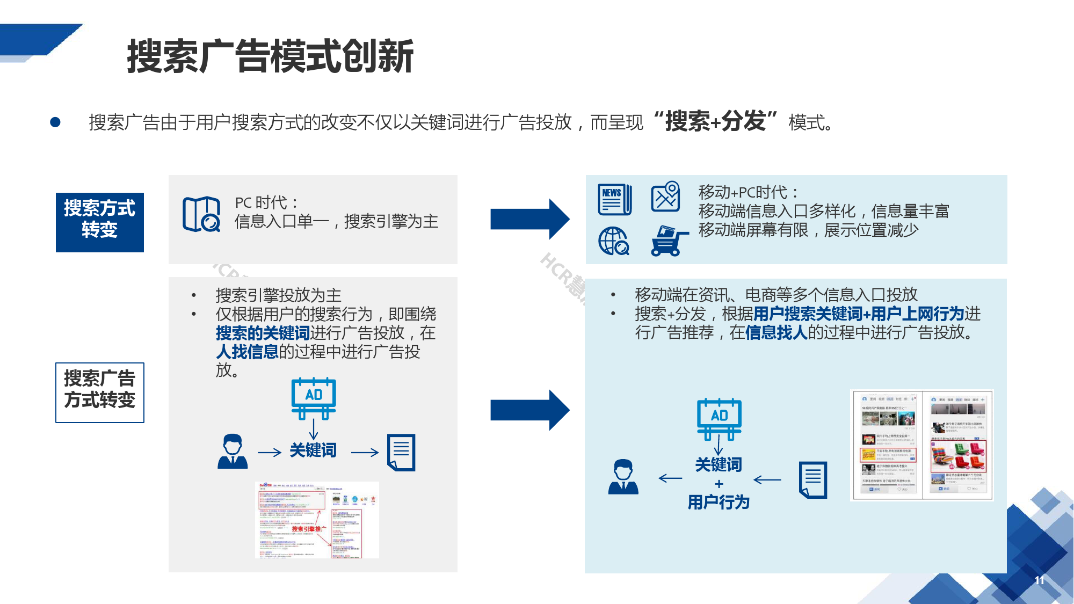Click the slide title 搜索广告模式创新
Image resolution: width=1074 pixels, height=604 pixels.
[270, 56]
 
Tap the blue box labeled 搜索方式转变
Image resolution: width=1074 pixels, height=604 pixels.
[100, 222]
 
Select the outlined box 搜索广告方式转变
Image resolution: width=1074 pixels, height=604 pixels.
[100, 392]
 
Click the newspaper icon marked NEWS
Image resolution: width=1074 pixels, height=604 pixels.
[615, 199]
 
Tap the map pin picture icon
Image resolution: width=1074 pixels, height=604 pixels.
[666, 197]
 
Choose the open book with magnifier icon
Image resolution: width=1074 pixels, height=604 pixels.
[201, 214]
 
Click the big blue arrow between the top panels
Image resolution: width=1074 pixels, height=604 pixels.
[529, 219]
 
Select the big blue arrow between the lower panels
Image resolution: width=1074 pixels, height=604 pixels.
[529, 410]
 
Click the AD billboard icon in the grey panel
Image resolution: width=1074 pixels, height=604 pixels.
[314, 398]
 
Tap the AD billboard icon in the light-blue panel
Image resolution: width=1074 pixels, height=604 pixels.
[719, 418]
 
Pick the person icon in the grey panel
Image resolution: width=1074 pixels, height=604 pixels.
[233, 452]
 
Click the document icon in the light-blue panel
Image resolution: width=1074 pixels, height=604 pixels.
[813, 479]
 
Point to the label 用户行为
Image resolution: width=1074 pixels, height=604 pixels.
[719, 503]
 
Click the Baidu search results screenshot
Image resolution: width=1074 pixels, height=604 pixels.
[317, 520]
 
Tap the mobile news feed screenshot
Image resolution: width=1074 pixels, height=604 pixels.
[922, 445]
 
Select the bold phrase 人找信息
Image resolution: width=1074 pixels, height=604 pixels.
[247, 352]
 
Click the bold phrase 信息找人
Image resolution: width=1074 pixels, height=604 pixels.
[776, 333]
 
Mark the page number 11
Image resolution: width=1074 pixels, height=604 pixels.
[1040, 580]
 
